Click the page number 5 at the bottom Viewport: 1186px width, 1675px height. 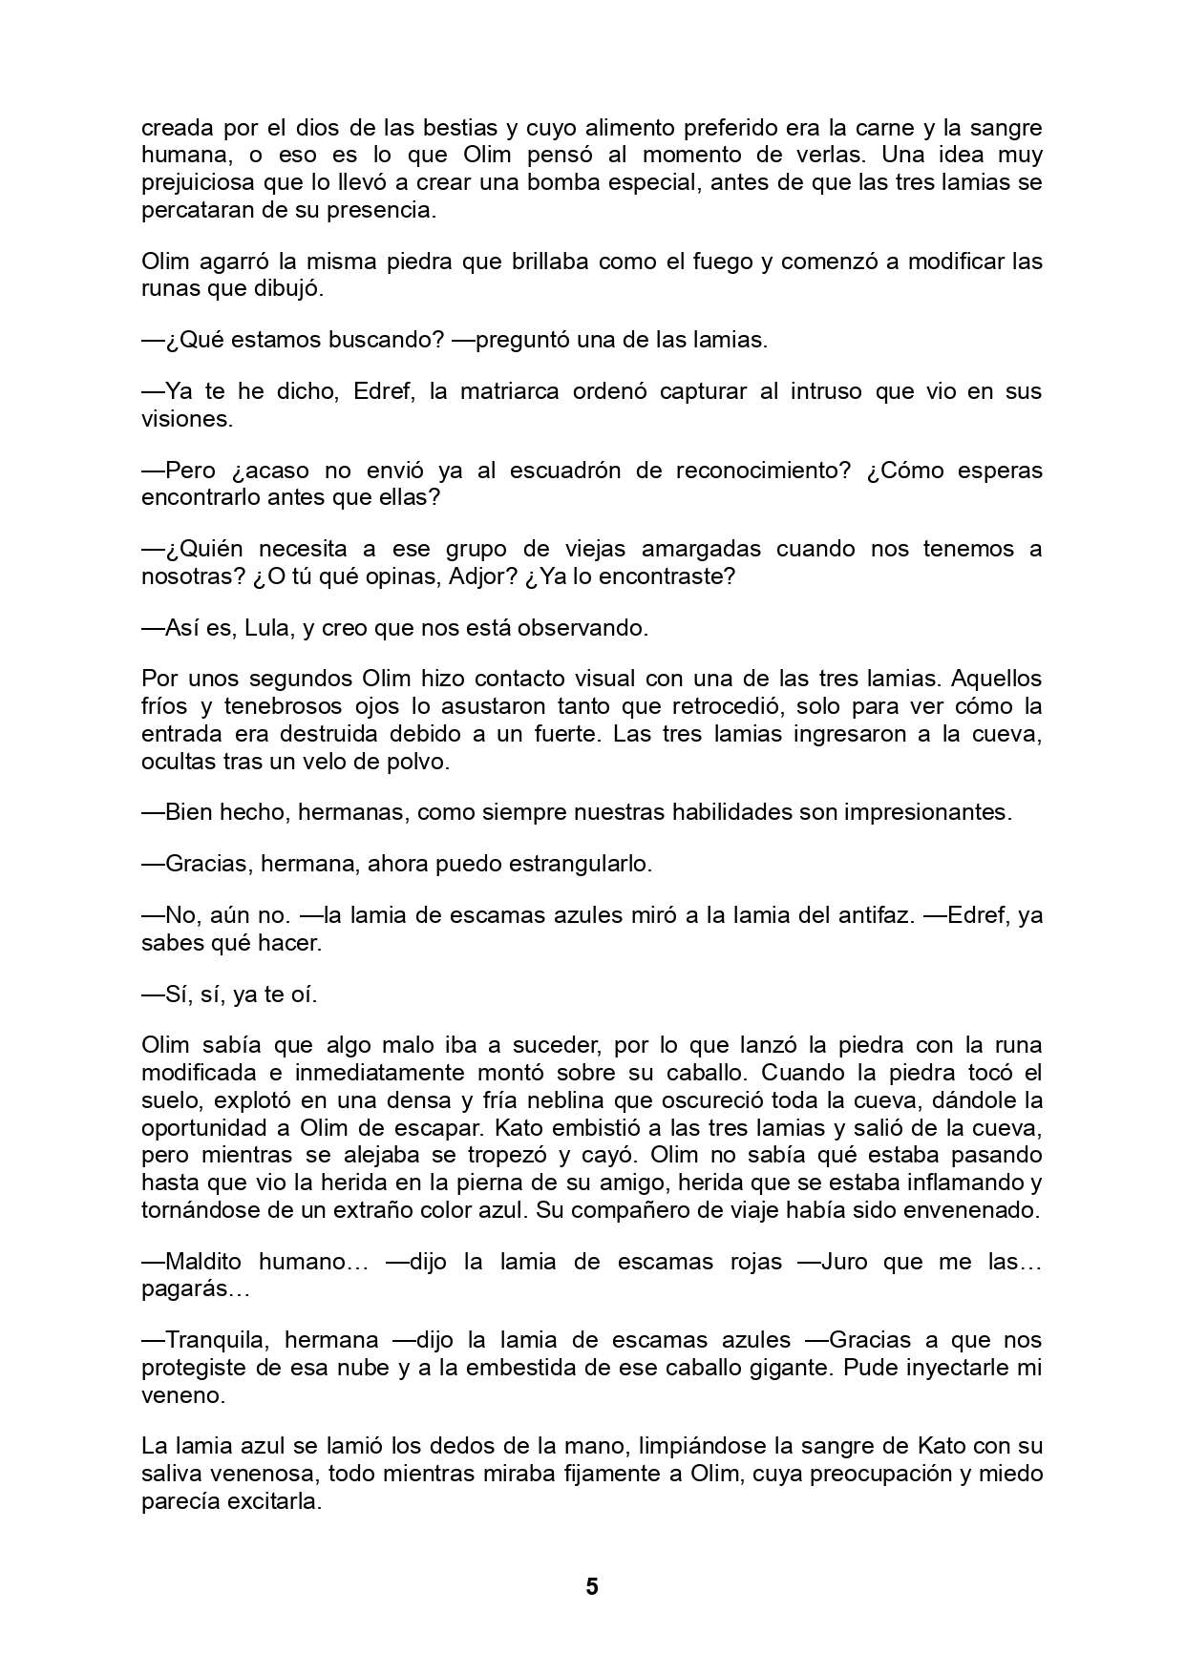(592, 1586)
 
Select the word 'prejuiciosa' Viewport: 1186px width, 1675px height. (197, 182)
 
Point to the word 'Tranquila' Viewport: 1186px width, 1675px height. (219, 1340)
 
